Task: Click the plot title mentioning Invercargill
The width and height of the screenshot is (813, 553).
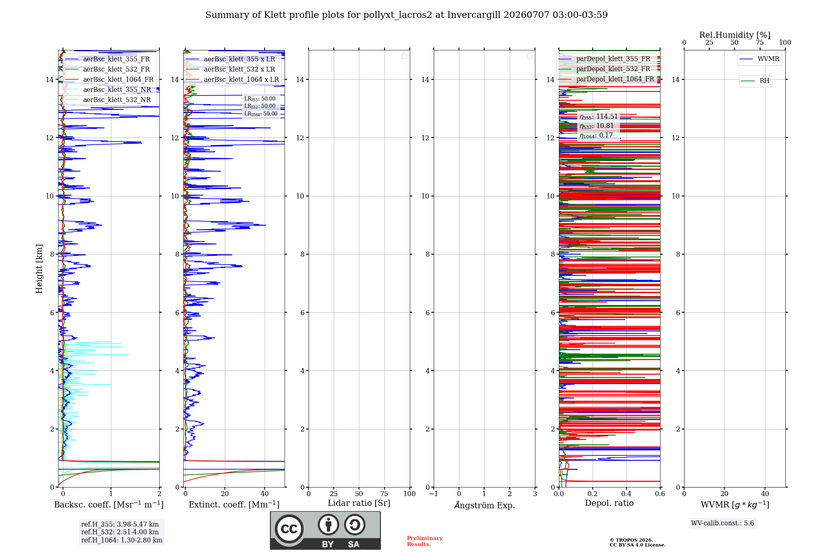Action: coord(406,15)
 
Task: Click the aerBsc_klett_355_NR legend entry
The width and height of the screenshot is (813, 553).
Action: coord(108,90)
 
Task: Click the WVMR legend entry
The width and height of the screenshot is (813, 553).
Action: coord(760,59)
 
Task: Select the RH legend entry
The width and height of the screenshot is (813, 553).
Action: coord(755,81)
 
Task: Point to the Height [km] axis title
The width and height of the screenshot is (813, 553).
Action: coord(39,269)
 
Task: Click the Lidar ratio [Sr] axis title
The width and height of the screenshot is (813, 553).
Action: coord(359,503)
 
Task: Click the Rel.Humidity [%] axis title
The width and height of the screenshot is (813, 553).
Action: coord(735,35)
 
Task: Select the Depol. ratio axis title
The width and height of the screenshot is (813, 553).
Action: coord(609,503)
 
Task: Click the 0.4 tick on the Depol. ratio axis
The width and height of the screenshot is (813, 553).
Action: coord(626,494)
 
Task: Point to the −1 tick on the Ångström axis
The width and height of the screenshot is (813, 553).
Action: coord(434,494)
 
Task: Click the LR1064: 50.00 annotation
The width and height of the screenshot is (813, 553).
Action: coord(261,114)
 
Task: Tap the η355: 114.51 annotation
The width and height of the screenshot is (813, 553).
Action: coord(599,117)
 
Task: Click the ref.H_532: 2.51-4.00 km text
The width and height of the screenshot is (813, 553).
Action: coord(120,532)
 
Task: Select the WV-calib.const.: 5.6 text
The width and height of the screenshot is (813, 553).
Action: coord(722,523)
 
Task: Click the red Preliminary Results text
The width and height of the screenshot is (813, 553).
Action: coord(425,541)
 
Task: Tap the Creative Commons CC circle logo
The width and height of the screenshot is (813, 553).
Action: coord(289,529)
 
